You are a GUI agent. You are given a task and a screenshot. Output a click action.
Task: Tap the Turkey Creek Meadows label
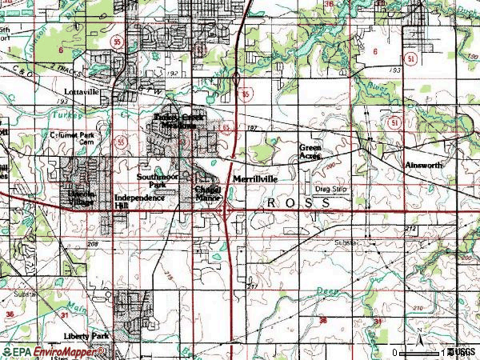click(178, 121)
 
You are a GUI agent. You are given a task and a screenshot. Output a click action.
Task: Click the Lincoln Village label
click(80, 198)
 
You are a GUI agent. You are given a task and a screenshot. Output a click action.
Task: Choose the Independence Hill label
click(139, 201)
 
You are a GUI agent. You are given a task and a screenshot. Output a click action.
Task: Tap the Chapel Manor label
click(207, 194)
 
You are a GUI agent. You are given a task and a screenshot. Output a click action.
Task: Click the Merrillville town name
click(255, 180)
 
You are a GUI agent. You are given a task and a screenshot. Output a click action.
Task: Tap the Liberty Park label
click(87, 336)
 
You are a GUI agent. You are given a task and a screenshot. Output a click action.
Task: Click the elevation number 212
click(410, 230)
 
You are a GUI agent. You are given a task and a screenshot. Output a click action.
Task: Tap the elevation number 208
click(93, 243)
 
